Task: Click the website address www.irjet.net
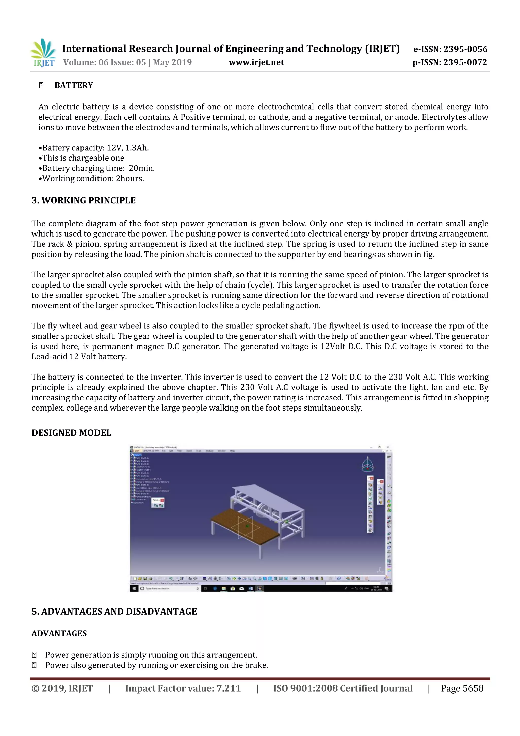click(256, 62)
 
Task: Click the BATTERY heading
click(74, 85)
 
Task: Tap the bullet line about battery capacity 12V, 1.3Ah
click(93, 148)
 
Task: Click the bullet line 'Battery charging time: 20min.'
click(96, 168)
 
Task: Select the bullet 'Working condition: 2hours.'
click(91, 179)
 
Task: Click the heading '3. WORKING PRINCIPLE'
click(84, 201)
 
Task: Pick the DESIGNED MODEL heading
click(71, 433)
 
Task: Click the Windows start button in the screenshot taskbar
click(133, 589)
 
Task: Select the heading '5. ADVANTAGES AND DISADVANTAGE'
click(114, 612)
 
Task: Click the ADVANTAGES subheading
click(59, 634)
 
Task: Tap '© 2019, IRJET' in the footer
click(62, 688)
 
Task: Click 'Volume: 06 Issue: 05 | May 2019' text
click(127, 62)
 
